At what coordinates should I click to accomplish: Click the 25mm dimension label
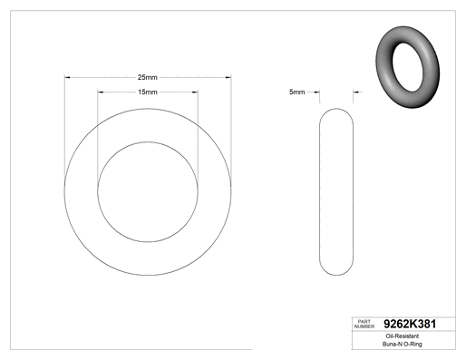[148, 77]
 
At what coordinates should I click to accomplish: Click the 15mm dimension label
[148, 92]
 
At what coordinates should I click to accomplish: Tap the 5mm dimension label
[297, 92]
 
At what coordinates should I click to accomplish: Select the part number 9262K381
[410, 324]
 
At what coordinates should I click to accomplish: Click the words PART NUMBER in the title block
[364, 324]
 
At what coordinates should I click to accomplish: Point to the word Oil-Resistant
[403, 336]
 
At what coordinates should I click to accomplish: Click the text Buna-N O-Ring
[403, 344]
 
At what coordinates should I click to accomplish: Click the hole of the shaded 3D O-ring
[407, 67]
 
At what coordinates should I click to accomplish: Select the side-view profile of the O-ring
[320, 191]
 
